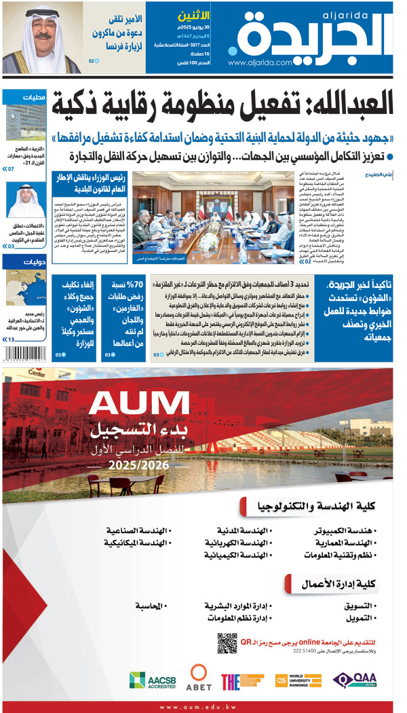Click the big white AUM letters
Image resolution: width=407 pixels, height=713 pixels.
(x=139, y=403)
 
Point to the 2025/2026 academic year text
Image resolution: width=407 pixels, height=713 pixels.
(x=139, y=467)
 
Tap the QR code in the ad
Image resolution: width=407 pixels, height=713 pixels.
(x=227, y=642)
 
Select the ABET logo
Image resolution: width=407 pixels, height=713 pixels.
(x=199, y=678)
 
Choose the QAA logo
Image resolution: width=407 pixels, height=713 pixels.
(x=353, y=680)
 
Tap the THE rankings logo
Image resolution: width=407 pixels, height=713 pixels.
(x=241, y=680)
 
